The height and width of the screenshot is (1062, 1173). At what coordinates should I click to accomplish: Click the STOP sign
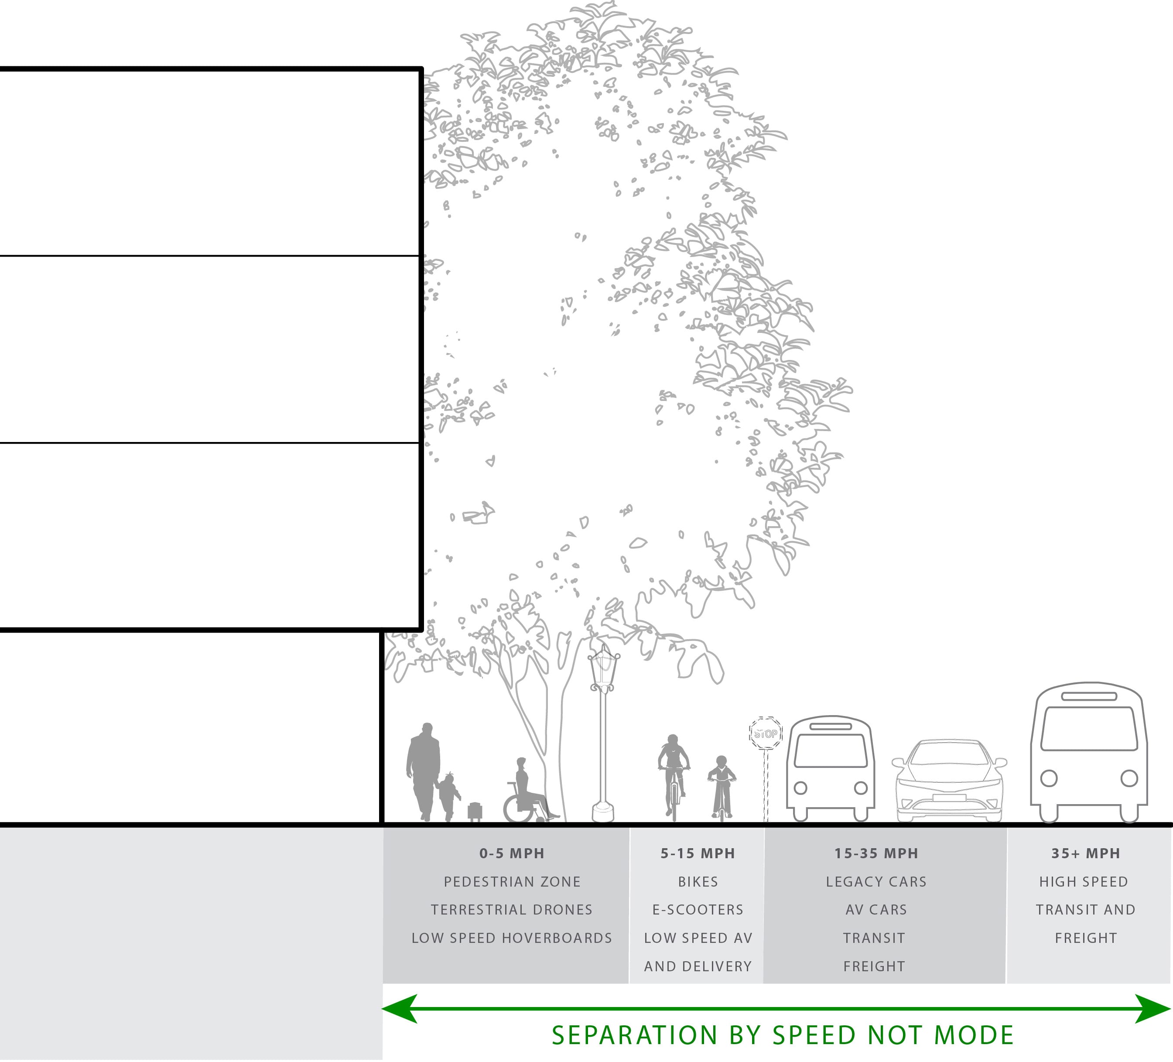tap(765, 733)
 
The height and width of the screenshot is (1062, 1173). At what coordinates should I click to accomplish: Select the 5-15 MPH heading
tap(698, 854)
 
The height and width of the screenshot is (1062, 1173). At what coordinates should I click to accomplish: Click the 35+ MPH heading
tap(1086, 854)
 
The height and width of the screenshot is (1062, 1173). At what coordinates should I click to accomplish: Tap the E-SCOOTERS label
tap(698, 910)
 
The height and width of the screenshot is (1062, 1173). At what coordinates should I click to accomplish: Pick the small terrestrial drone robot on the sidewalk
tap(475, 812)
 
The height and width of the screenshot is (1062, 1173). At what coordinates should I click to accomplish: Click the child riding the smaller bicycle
tap(722, 785)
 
